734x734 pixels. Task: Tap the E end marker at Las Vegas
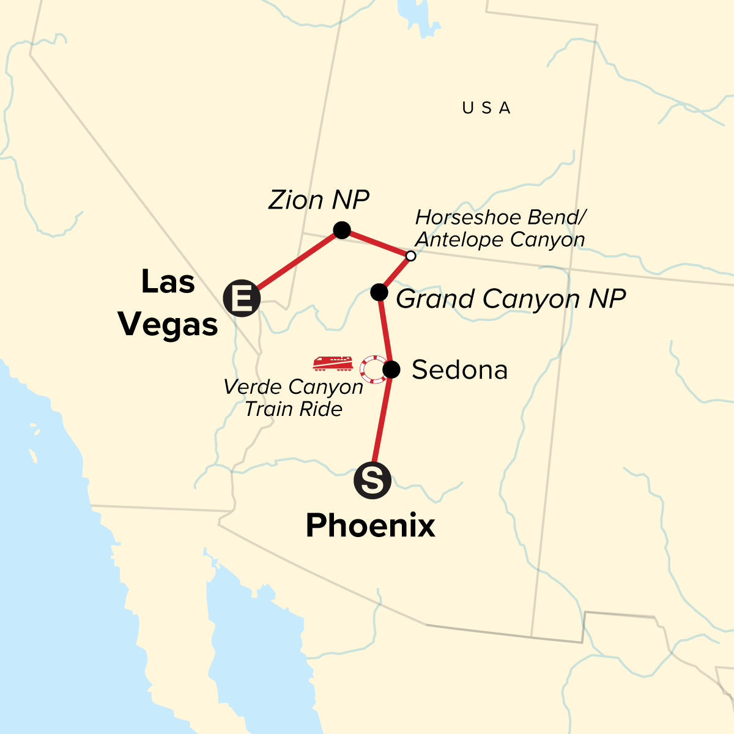242,298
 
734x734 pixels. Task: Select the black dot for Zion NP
342,230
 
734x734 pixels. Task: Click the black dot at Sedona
391,369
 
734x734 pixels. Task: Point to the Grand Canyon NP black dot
379,292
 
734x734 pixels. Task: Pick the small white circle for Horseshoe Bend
411,256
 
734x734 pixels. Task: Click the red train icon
333,364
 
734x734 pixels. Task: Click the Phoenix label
371,525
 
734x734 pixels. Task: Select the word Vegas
168,324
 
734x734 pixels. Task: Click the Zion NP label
319,200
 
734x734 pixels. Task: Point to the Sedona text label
459,370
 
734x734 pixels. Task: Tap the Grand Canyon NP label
511,299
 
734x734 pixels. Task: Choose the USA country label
486,108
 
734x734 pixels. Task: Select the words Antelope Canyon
500,240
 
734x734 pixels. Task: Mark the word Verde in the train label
251,387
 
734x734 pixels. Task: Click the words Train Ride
294,409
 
